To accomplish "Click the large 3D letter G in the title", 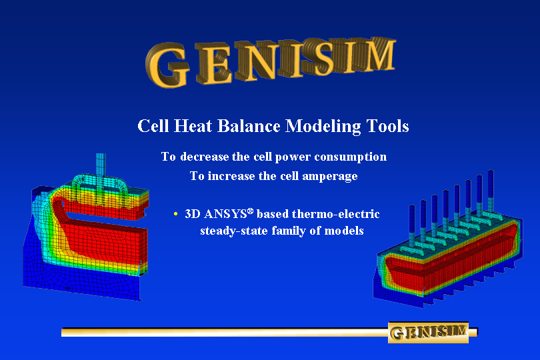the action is tap(168, 65).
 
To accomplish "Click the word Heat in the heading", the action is tap(193, 126).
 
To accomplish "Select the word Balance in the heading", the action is tap(249, 126).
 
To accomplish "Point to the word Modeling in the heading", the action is tap(323, 127).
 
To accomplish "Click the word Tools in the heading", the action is tap(387, 126).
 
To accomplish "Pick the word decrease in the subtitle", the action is tap(205, 157).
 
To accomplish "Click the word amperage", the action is tap(329, 177).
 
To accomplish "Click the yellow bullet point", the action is tap(175, 214).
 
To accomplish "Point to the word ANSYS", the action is tap(225, 214).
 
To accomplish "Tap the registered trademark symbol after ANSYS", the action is tap(251, 211).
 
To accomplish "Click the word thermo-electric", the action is tap(335, 214).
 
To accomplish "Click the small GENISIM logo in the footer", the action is tap(429, 333).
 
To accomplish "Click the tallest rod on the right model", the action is tap(491, 191).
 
